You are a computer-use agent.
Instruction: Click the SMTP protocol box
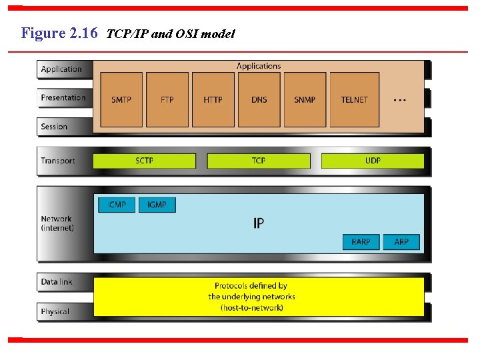pos(121,99)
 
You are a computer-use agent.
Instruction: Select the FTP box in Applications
pos(167,99)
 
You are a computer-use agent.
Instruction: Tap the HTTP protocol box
pos(213,99)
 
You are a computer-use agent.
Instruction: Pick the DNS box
pos(259,99)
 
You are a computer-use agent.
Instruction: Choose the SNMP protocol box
pos(305,99)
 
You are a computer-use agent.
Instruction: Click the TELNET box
pos(355,99)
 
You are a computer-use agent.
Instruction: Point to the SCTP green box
pos(145,161)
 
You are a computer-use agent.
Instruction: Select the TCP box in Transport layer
pos(259,161)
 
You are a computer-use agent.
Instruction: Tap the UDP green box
pos(373,161)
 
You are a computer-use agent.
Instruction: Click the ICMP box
pos(117,205)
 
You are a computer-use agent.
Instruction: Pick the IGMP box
pos(157,205)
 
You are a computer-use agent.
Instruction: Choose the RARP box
pos(361,241)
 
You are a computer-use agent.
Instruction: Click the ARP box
pos(401,241)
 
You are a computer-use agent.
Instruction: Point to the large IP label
pos(259,223)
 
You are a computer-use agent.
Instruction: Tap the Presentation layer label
pos(63,98)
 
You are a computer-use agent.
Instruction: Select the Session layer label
pos(54,127)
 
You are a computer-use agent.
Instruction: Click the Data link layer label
pos(57,282)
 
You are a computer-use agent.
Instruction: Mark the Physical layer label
pos(55,311)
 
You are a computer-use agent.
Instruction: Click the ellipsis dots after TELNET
pos(400,100)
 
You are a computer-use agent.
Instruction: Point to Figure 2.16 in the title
pos(59,33)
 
